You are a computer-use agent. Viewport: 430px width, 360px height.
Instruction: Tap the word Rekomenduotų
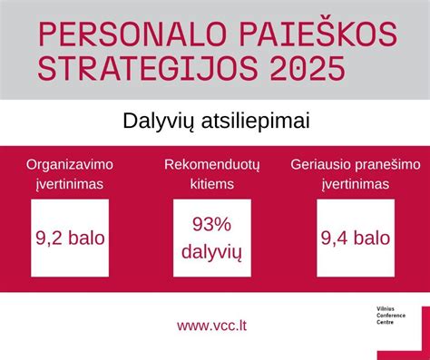coord(212,166)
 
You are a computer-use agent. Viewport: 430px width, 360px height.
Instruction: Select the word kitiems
coord(212,184)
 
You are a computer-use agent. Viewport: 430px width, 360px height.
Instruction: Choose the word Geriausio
coord(323,166)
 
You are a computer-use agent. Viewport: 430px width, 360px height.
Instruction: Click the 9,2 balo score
coord(70,239)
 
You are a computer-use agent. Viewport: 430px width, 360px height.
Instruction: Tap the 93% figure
coord(211,223)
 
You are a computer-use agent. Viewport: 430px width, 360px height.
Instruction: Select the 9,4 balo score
coord(355,239)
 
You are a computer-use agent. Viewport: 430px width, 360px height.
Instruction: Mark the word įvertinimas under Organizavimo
coord(68,184)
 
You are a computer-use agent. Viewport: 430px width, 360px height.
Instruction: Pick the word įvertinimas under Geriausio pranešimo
coord(355,184)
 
